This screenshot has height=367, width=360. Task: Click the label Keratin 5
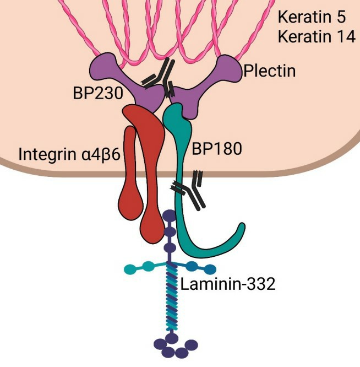[309, 17]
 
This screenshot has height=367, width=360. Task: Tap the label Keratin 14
[313, 37]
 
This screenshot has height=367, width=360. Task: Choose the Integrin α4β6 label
[69, 154]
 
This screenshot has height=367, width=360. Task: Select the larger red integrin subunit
[148, 165]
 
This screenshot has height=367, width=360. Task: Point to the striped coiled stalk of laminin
[171, 298]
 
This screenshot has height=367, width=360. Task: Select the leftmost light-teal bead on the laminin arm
[129, 269]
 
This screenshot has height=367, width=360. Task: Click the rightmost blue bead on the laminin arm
[210, 269]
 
